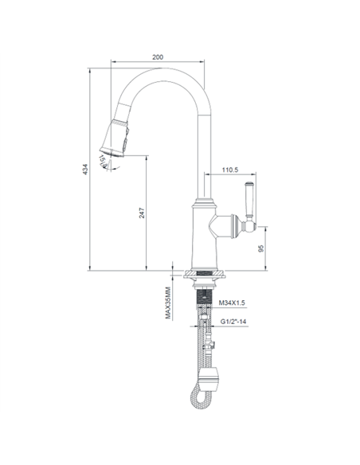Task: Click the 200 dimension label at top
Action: [158, 57]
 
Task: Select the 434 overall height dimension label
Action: [85, 169]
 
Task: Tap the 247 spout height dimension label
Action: [142, 213]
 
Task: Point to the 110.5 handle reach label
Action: [230, 170]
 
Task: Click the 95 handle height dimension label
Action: [261, 248]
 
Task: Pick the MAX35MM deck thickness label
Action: [168, 303]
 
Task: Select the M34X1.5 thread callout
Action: [232, 303]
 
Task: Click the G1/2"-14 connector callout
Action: [233, 322]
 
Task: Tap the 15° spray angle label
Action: [103, 161]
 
